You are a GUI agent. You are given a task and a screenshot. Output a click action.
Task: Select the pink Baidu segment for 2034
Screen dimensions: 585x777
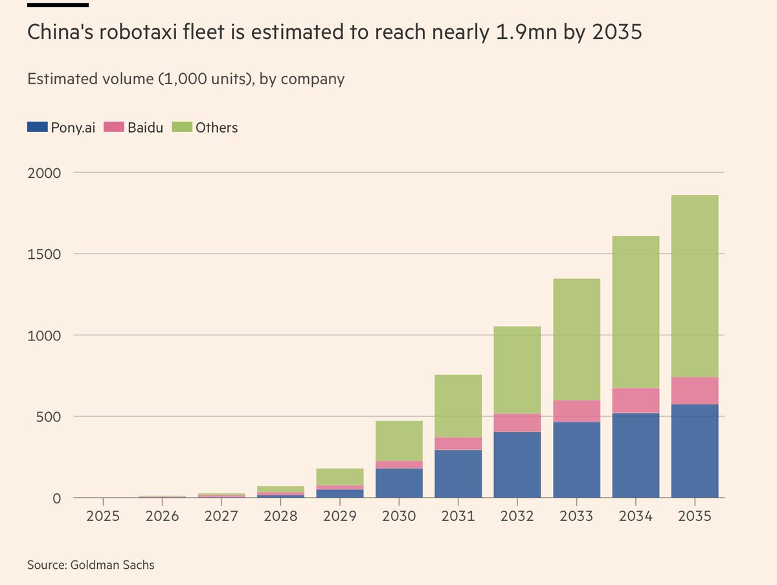coord(635,401)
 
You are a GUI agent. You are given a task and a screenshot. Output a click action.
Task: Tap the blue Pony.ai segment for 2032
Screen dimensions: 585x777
coord(517,464)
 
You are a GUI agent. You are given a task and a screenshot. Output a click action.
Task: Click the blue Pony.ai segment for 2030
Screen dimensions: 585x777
coord(399,482)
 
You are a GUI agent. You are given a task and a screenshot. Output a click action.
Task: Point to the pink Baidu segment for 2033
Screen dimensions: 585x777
coord(576,411)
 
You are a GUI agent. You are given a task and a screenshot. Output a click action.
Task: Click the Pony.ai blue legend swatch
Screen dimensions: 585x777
coord(38,127)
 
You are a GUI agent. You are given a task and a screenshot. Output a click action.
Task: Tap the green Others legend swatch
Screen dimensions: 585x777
coord(182,127)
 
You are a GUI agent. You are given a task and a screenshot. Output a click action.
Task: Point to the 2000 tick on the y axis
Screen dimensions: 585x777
coord(44,173)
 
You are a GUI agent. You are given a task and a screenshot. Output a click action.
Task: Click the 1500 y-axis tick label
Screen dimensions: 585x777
coord(44,254)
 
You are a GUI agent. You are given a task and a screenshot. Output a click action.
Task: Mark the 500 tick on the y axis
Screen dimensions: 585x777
coord(49,417)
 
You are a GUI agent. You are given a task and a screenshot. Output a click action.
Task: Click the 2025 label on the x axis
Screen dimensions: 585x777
coord(104,516)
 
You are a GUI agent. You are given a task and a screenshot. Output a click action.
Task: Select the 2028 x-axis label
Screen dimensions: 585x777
coord(280,516)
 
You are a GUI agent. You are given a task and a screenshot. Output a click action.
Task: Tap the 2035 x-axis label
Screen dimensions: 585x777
coord(694,516)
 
